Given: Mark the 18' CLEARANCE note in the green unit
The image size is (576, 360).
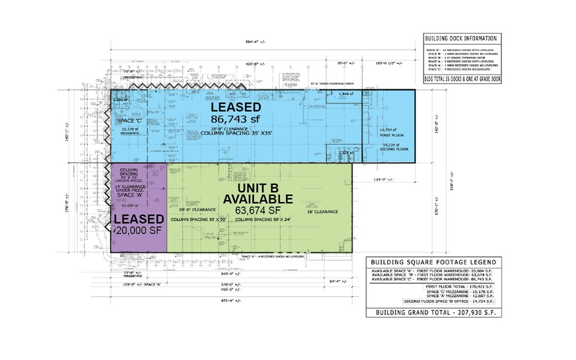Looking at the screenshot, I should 322,211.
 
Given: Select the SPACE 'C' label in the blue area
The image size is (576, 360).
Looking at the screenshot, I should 129,122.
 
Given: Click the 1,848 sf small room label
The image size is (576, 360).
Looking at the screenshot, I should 348,94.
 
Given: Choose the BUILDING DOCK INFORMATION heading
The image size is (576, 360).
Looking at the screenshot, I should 461,39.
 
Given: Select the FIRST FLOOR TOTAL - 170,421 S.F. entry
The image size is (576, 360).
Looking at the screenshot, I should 453,286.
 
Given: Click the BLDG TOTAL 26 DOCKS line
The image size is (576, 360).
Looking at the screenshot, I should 461,79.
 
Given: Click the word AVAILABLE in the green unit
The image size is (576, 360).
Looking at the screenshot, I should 258,200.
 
